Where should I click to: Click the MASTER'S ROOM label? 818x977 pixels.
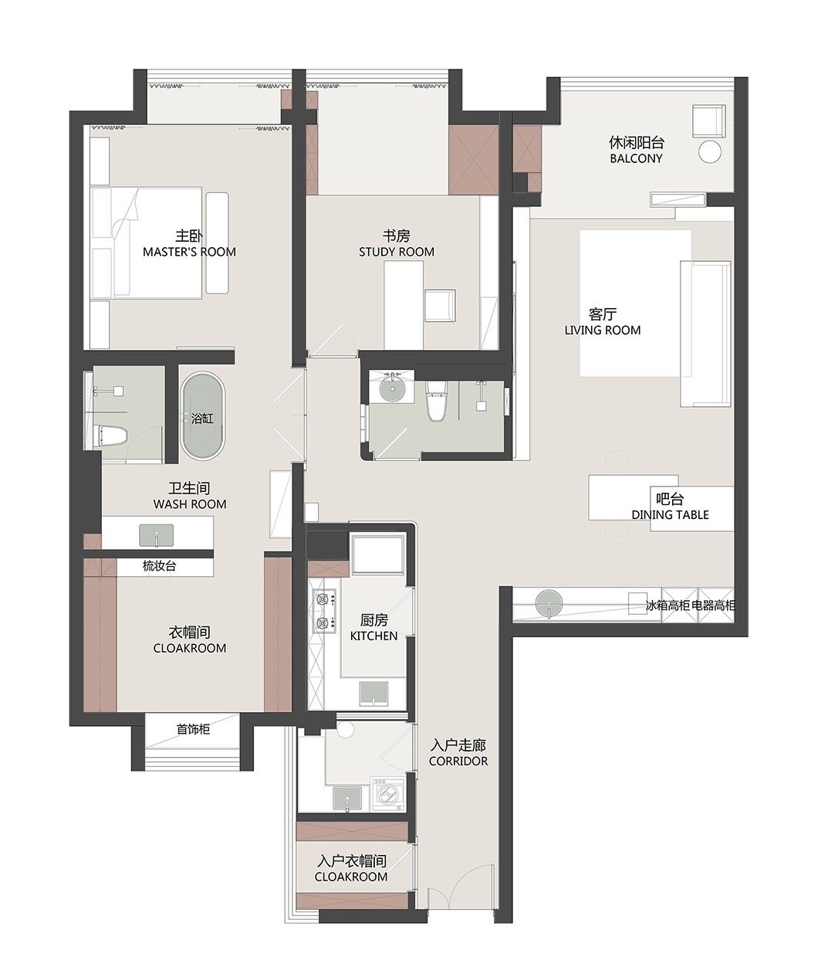(189, 252)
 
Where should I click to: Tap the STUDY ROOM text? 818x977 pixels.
(397, 252)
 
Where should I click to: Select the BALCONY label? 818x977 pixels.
(636, 158)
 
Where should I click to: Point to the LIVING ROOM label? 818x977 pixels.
(603, 330)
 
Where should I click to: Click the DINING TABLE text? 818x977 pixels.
(670, 514)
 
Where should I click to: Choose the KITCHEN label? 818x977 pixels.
(374, 636)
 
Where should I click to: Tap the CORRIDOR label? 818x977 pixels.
(458, 761)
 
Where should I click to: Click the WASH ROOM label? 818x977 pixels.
(190, 504)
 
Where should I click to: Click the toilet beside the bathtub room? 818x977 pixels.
(113, 436)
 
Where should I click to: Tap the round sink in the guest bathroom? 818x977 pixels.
(394, 388)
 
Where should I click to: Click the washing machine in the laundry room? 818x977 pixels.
(387, 794)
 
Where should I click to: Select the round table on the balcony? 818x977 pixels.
(710, 152)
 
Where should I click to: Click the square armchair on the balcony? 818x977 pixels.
(708, 120)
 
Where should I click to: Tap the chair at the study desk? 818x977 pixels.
(440, 304)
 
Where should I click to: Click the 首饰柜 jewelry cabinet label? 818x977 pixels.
(193, 729)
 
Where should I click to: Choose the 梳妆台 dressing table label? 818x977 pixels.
(160, 566)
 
